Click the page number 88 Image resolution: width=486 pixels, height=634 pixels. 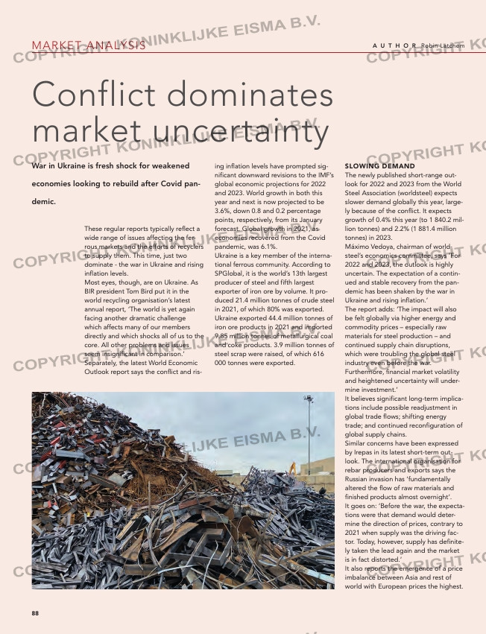click(35, 613)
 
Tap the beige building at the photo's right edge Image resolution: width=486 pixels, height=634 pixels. click(324, 482)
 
